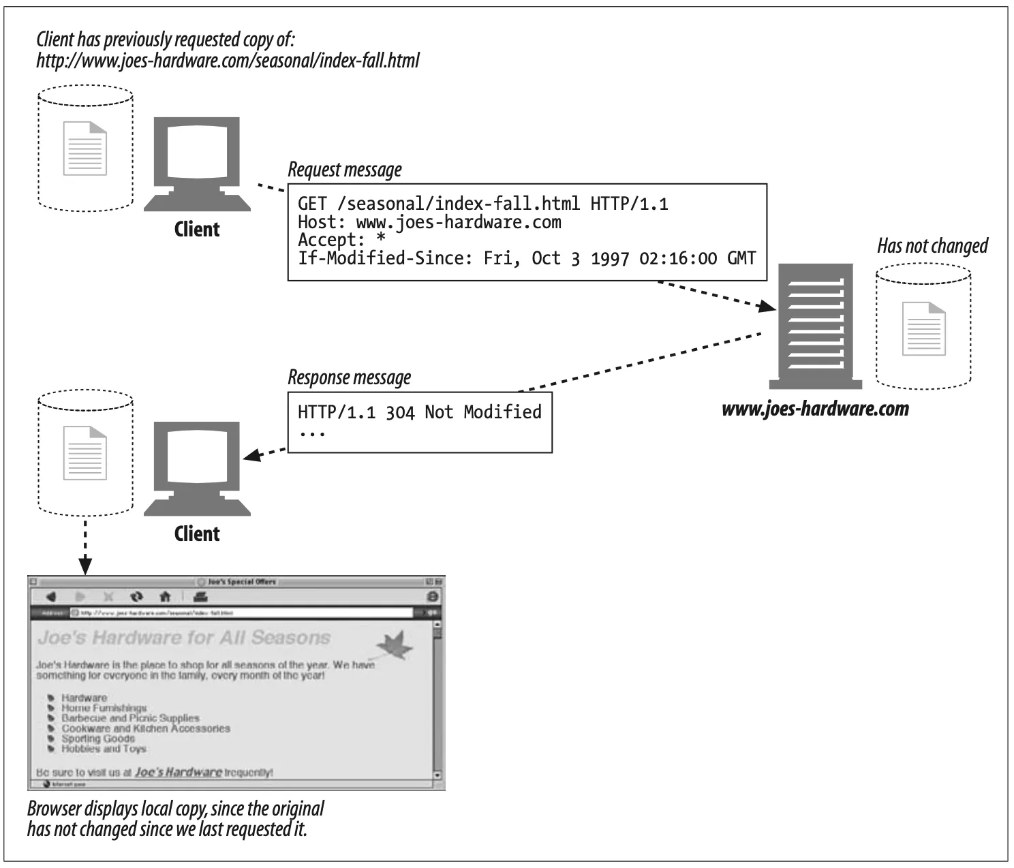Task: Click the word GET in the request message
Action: click(312, 204)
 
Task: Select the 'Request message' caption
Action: click(345, 170)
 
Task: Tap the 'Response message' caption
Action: click(350, 377)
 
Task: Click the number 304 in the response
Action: click(400, 412)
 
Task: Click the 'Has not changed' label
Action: click(932, 246)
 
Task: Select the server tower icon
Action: click(815, 326)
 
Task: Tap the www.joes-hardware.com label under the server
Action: click(815, 409)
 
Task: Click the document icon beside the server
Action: click(924, 328)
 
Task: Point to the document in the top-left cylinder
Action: click(84, 148)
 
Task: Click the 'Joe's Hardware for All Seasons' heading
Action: click(184, 638)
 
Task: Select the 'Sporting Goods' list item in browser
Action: click(98, 739)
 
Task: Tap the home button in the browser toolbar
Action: click(164, 597)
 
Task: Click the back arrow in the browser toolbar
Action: click(50, 597)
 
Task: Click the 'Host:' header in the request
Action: click(317, 222)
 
